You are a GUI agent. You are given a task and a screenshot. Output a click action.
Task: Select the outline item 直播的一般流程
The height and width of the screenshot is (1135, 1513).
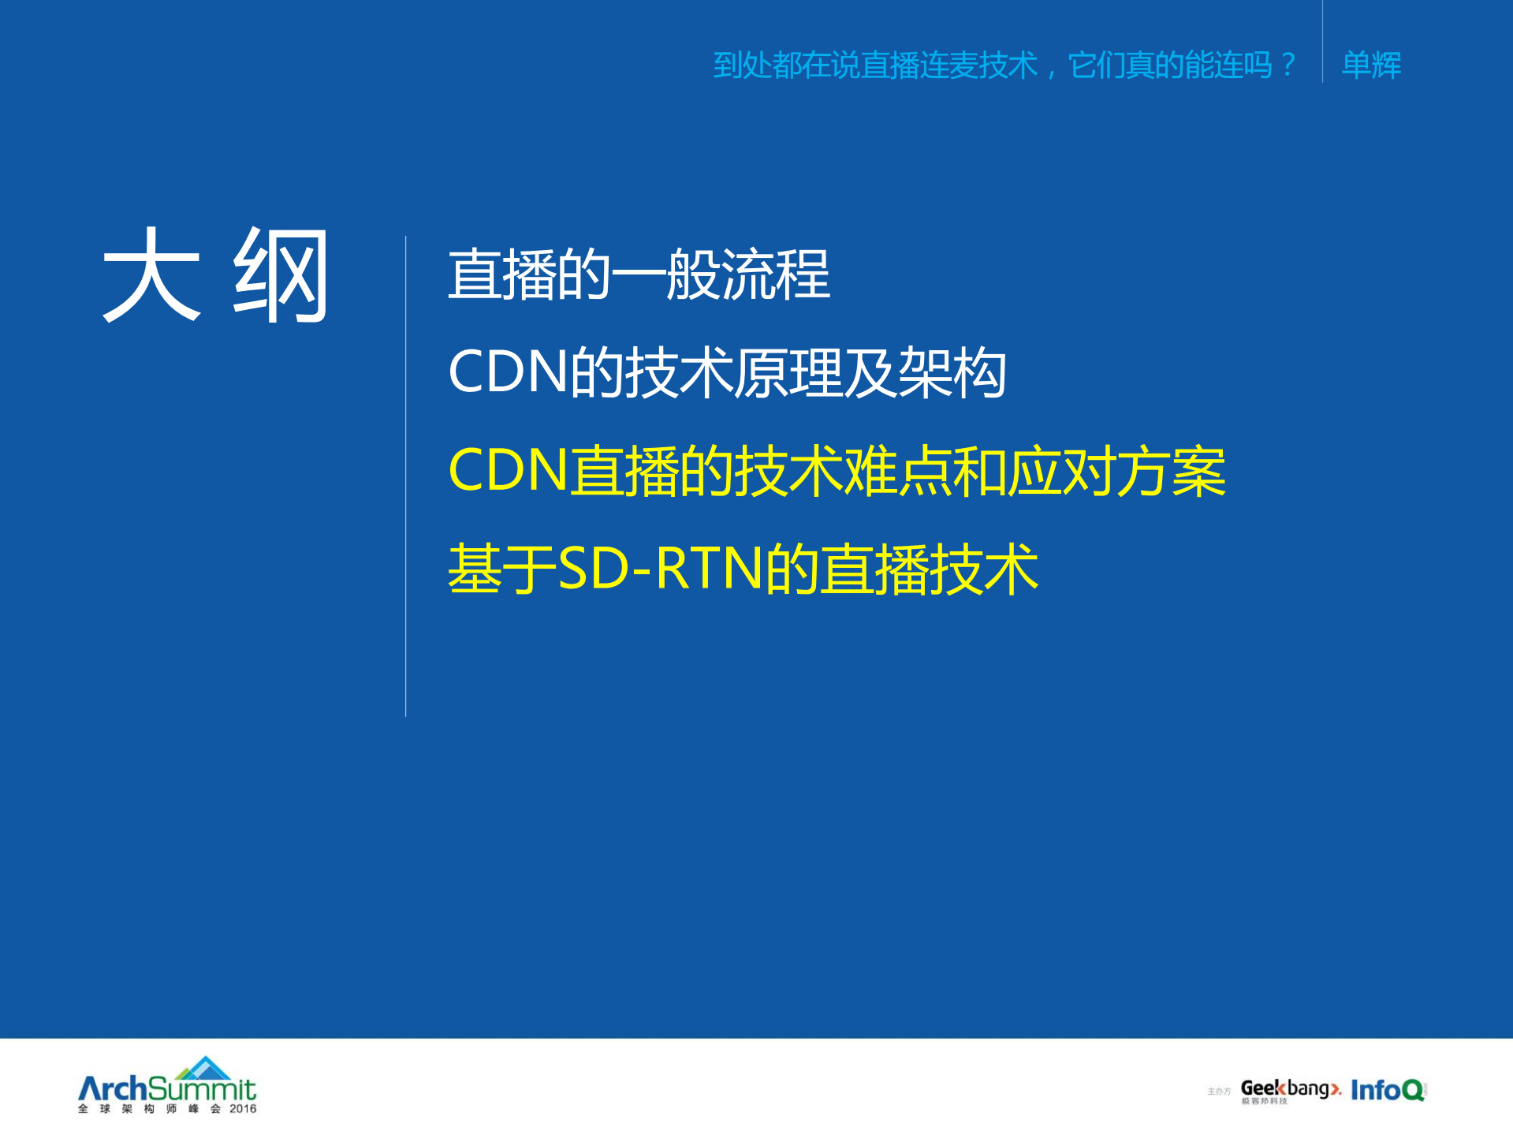pyautogui.click(x=639, y=274)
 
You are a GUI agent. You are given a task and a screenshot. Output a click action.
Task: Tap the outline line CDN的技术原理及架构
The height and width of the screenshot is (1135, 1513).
pyautogui.click(x=726, y=372)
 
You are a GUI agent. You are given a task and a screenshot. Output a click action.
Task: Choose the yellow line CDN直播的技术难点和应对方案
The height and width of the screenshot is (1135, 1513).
pyautogui.click(x=837, y=471)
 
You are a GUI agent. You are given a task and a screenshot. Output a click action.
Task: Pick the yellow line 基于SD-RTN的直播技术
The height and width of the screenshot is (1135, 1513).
pyautogui.click(x=743, y=569)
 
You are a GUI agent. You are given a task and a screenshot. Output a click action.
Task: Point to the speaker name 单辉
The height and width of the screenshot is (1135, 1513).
pyautogui.click(x=1371, y=65)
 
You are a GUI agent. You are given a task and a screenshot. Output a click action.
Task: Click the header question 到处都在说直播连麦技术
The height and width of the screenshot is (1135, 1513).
pyautogui.click(x=875, y=65)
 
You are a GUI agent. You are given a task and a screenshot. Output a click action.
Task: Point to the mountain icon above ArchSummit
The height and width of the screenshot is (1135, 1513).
pyautogui.click(x=204, y=1068)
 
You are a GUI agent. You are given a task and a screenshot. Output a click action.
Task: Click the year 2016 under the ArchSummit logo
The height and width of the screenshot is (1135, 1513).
pyautogui.click(x=243, y=1109)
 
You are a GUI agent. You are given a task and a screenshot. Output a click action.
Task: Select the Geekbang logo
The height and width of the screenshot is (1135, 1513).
pyautogui.click(x=1290, y=1089)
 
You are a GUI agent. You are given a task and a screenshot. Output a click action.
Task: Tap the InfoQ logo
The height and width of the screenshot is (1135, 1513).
pyautogui.click(x=1388, y=1090)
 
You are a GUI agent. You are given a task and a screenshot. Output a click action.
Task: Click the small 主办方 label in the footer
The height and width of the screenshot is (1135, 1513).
pyautogui.click(x=1218, y=1092)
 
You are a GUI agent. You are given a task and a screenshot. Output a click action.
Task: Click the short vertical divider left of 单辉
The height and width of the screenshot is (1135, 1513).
pyautogui.click(x=1322, y=43)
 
